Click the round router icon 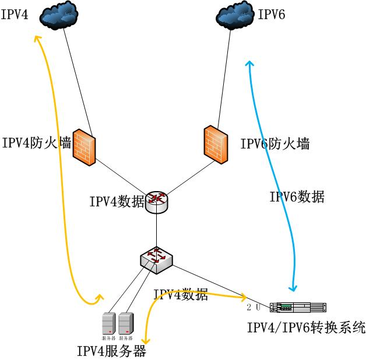157,202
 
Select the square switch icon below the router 156,257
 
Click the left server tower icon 108,324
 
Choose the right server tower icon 126,324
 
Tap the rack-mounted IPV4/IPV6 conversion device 299,307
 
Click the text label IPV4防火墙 36,143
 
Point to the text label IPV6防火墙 274,143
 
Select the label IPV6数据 297,197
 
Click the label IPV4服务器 111,351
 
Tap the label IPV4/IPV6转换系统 306,327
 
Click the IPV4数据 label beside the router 117,202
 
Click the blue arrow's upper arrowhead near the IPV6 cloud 249,63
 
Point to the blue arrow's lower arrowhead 293,288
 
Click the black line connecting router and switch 157,230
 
